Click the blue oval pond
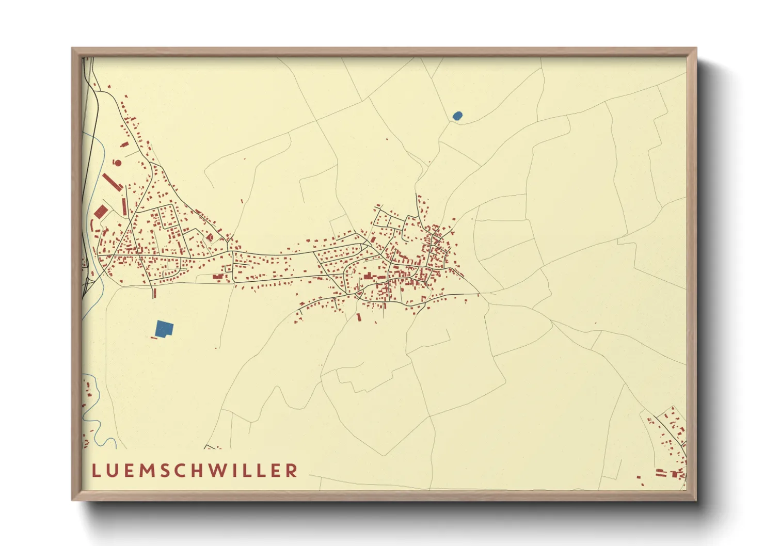point(457,116)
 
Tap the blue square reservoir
point(164,328)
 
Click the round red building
point(118,163)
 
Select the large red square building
point(101,211)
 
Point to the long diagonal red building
point(112,181)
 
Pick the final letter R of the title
point(292,471)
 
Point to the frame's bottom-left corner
point(73,500)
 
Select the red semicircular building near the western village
point(210,237)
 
